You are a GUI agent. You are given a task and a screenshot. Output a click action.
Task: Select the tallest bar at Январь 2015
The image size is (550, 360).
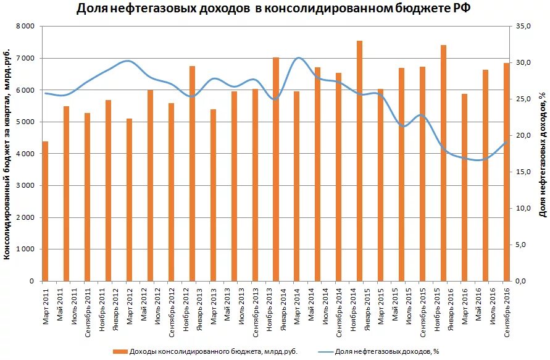pyautogui.click(x=359, y=161)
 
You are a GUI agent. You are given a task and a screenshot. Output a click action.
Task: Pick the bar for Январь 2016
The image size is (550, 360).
pyautogui.click(x=443, y=163)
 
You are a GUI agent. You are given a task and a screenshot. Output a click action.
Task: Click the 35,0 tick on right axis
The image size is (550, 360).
pyautogui.click(x=524, y=27)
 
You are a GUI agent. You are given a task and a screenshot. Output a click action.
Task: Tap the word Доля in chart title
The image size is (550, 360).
pyautogui.click(x=91, y=9)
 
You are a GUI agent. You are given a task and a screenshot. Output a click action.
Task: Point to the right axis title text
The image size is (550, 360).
pyautogui.click(x=542, y=154)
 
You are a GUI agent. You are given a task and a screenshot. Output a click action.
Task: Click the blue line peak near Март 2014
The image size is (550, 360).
pyautogui.click(x=298, y=58)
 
